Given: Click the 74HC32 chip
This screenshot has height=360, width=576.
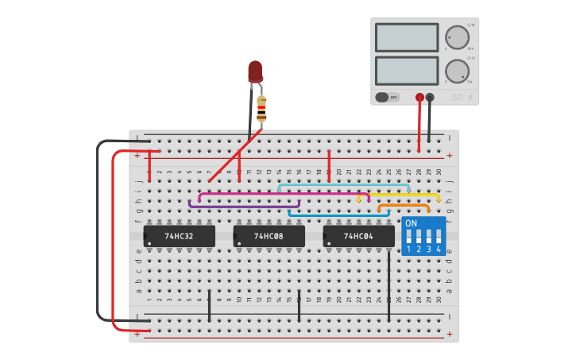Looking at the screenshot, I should [x=180, y=236].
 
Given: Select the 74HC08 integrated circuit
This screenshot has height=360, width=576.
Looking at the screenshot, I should [x=269, y=236].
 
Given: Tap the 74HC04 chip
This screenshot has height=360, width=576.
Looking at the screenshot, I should [x=358, y=236].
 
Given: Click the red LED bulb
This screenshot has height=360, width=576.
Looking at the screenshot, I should [x=255, y=72].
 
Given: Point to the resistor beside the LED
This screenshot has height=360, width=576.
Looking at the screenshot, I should [x=261, y=109].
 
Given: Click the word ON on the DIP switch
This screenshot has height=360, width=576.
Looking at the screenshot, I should [x=411, y=223].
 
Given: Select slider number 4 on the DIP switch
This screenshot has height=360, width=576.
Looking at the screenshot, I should [x=438, y=238].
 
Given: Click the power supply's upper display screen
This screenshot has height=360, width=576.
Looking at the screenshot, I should [x=406, y=37].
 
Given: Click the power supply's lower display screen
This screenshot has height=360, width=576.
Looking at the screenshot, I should [x=406, y=71].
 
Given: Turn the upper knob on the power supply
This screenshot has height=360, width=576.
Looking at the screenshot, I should [x=457, y=37].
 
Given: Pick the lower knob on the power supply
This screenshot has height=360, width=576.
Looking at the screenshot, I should [x=457, y=71].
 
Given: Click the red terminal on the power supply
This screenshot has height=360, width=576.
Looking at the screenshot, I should [x=419, y=98].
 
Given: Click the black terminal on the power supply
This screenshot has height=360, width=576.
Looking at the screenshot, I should [x=430, y=98].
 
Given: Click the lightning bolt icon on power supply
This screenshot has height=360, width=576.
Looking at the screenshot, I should [x=470, y=98].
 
